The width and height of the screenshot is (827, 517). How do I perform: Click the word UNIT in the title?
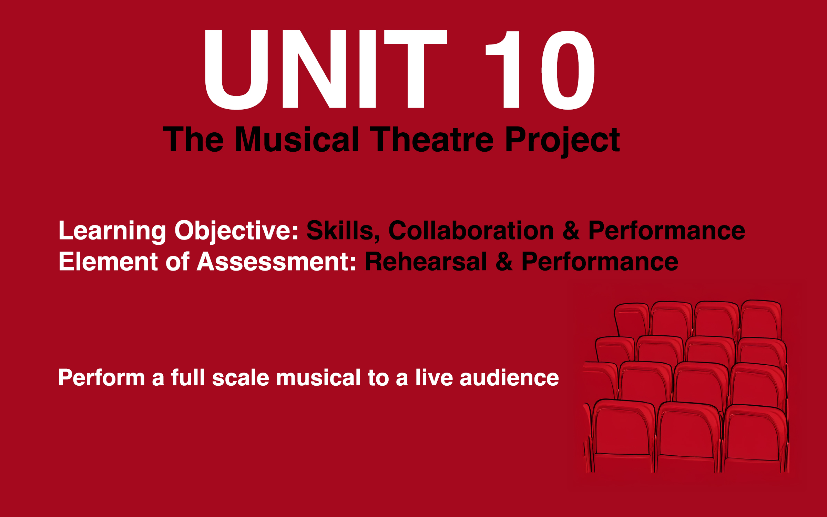(325, 69)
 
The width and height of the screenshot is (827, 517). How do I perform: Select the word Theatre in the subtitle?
(432, 139)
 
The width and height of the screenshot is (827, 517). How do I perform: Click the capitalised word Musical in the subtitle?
(297, 139)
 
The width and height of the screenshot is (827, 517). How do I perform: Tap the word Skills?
(343, 231)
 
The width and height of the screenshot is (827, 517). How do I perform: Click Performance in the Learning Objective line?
(666, 231)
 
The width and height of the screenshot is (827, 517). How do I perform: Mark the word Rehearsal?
(426, 261)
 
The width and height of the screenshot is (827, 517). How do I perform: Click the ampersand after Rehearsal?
(504, 261)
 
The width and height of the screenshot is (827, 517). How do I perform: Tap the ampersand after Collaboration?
(571, 230)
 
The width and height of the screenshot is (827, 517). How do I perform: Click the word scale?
(240, 377)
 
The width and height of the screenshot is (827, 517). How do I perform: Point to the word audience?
(509, 377)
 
